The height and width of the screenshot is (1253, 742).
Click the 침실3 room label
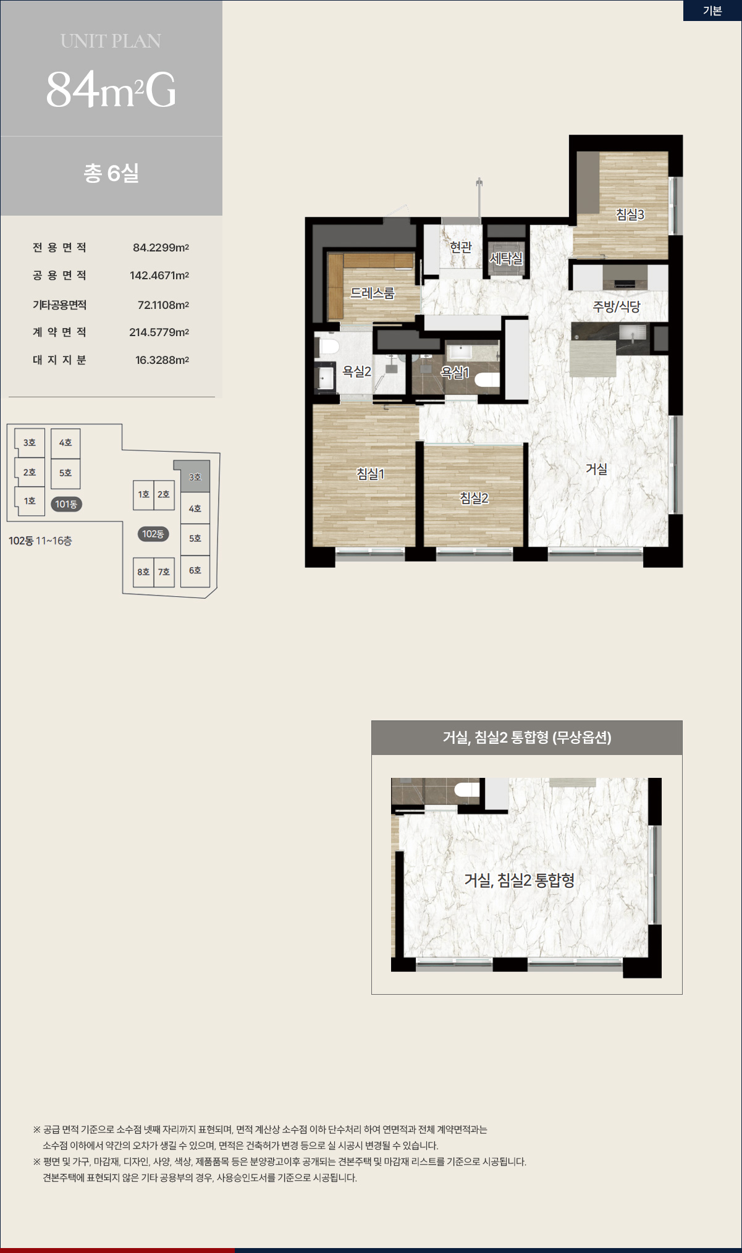click(630, 214)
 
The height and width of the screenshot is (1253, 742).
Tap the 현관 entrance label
click(461, 247)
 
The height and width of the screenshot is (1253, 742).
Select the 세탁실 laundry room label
click(506, 258)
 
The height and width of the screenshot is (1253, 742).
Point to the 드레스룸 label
click(372, 293)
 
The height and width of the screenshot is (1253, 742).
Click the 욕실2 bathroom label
click(356, 371)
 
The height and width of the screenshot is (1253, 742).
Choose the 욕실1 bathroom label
click(455, 373)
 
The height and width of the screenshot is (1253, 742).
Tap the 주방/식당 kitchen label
click(617, 306)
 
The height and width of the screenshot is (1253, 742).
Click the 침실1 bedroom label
click(370, 474)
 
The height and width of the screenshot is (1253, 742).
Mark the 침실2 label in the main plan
click(474, 497)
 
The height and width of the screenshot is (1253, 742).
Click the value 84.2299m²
click(161, 248)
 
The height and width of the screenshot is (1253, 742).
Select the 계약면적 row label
click(59, 332)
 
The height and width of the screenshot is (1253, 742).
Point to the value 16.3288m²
click(162, 360)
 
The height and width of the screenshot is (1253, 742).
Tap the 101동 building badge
click(66, 504)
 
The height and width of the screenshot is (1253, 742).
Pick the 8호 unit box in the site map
click(143, 572)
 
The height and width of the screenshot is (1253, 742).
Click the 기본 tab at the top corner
click(712, 11)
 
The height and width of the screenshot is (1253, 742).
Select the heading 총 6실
click(111, 173)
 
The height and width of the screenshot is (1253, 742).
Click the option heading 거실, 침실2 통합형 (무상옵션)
click(527, 737)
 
